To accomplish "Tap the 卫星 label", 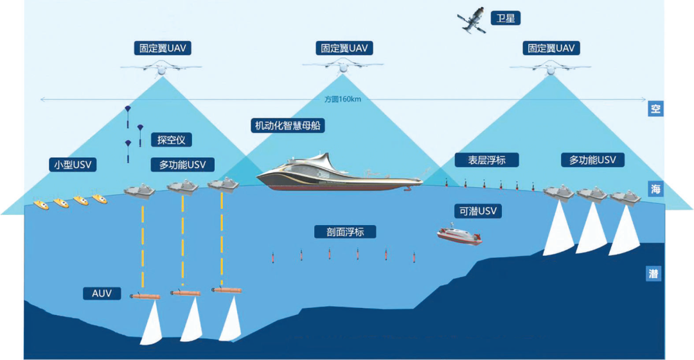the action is coord(506,18).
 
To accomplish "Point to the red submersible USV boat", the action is coord(459,235).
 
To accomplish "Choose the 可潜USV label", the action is coord(477,211).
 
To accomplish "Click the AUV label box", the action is coord(102,294).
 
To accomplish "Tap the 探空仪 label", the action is coord(171,139).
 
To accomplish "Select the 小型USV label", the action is coord(73,165).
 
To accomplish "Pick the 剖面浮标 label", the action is coord(339,232).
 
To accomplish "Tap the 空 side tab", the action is coord(655,109).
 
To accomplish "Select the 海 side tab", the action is coord(655,189).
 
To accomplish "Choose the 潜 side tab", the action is coord(655,274).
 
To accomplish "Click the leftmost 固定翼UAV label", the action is coord(163,48).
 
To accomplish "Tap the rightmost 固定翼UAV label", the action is coord(551,48).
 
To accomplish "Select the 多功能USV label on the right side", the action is coord(592,160).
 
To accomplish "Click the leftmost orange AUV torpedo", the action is coord(145,296).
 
